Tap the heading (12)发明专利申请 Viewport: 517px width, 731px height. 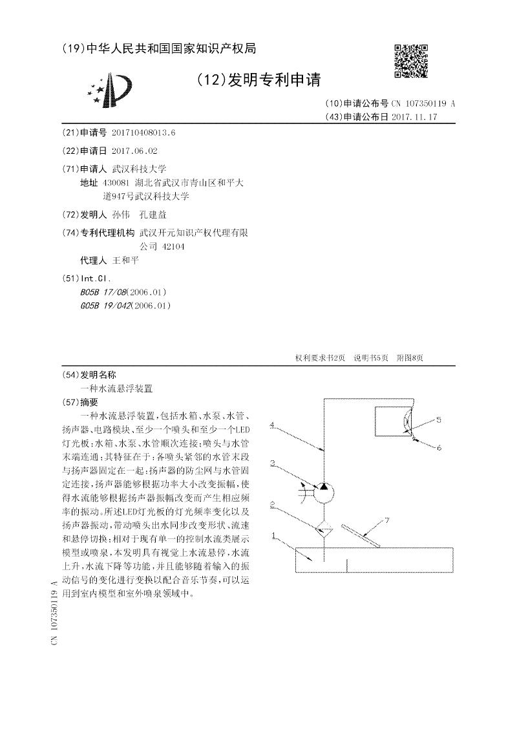pyautogui.click(x=260, y=80)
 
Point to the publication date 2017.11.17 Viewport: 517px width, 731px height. pyautogui.click(x=414, y=117)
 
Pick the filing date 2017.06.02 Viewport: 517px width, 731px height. pyautogui.click(x=134, y=151)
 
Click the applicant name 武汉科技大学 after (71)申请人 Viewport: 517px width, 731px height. pyautogui.click(x=139, y=169)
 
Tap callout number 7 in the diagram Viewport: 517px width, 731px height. pyautogui.click(x=387, y=520)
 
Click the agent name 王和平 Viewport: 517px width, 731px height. pyautogui.click(x=125, y=260)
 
